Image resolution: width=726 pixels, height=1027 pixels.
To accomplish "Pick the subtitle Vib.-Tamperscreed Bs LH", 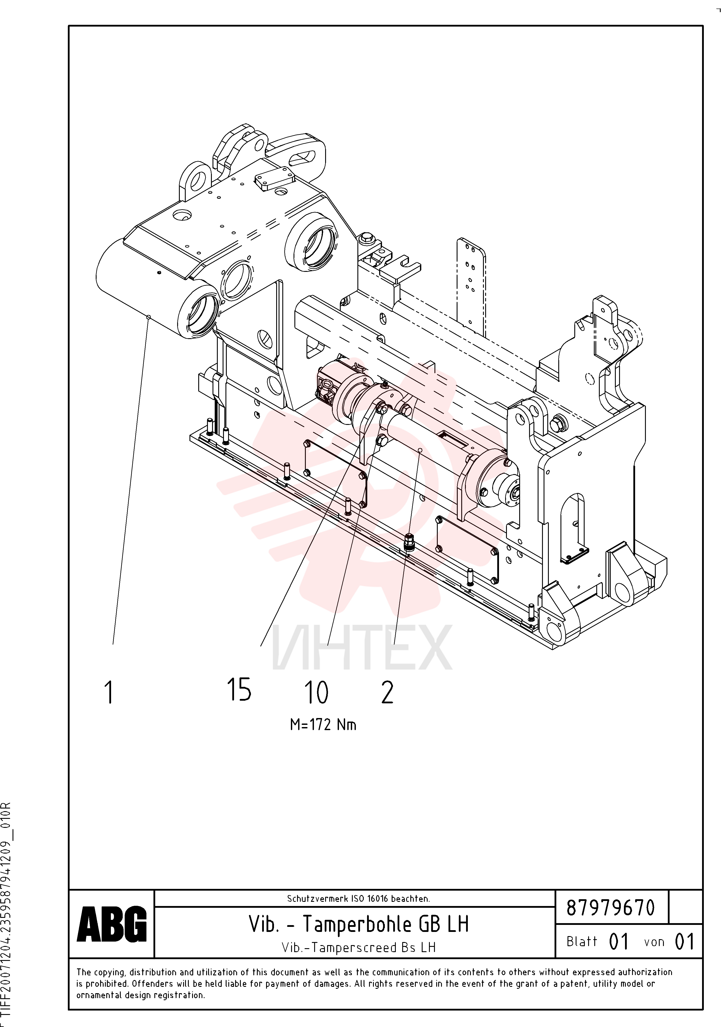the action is coord(359,947).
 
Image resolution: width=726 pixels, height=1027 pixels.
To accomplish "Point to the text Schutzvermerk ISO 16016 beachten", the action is coord(358,899).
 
